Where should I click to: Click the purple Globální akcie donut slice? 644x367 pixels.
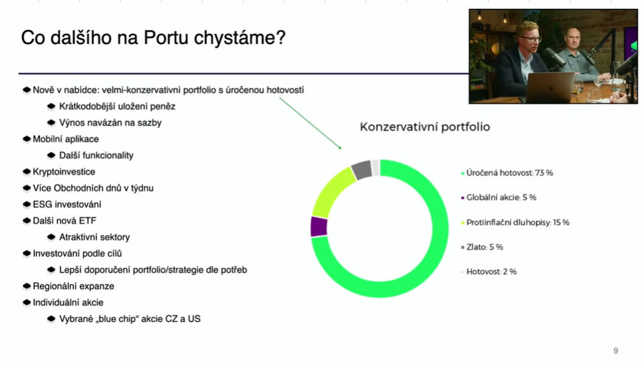point(319,226)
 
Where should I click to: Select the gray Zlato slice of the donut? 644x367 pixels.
point(362,169)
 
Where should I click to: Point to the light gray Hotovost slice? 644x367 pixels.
point(376,168)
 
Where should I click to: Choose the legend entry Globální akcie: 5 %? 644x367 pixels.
point(498,198)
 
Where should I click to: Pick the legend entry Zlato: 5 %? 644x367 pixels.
point(482,247)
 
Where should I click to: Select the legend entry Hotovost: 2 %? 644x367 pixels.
point(489,272)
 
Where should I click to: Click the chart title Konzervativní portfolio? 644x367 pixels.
point(425,127)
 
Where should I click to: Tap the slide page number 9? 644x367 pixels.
point(616,350)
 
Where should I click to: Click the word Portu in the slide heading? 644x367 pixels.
point(167,38)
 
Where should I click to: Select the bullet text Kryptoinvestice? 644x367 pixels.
point(64,172)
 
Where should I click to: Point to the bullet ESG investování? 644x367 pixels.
point(67,204)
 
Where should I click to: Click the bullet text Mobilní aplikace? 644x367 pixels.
point(66,139)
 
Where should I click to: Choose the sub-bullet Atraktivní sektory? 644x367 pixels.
point(95,237)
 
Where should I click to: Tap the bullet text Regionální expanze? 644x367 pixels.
point(73,286)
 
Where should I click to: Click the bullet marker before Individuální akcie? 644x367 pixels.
point(27,302)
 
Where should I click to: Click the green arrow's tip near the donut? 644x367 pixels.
point(341,149)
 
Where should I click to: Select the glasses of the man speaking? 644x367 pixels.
point(531,40)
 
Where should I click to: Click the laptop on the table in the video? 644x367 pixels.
point(550,88)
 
